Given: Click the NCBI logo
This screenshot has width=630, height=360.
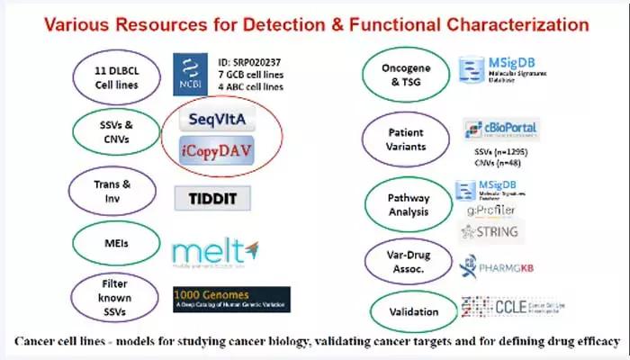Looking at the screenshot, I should (192, 72).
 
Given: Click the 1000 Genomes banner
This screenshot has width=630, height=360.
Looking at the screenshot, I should (231, 299).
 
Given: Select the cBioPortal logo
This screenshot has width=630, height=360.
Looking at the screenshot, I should (500, 130).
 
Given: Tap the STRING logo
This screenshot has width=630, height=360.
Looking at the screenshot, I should (490, 231).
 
